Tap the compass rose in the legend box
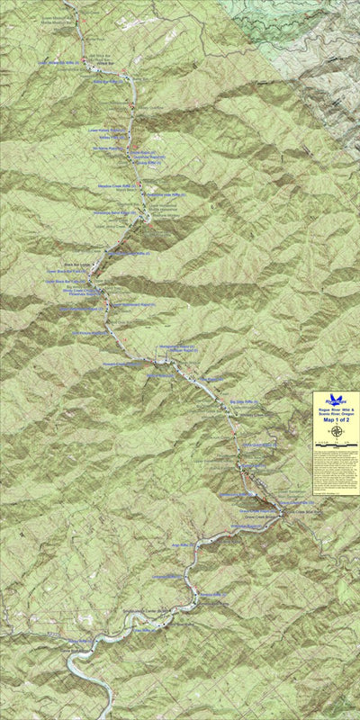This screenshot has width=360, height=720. pos(336,431)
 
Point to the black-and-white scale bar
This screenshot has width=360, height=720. pos(336,444)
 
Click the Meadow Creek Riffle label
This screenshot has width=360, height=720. pos(115,186)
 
